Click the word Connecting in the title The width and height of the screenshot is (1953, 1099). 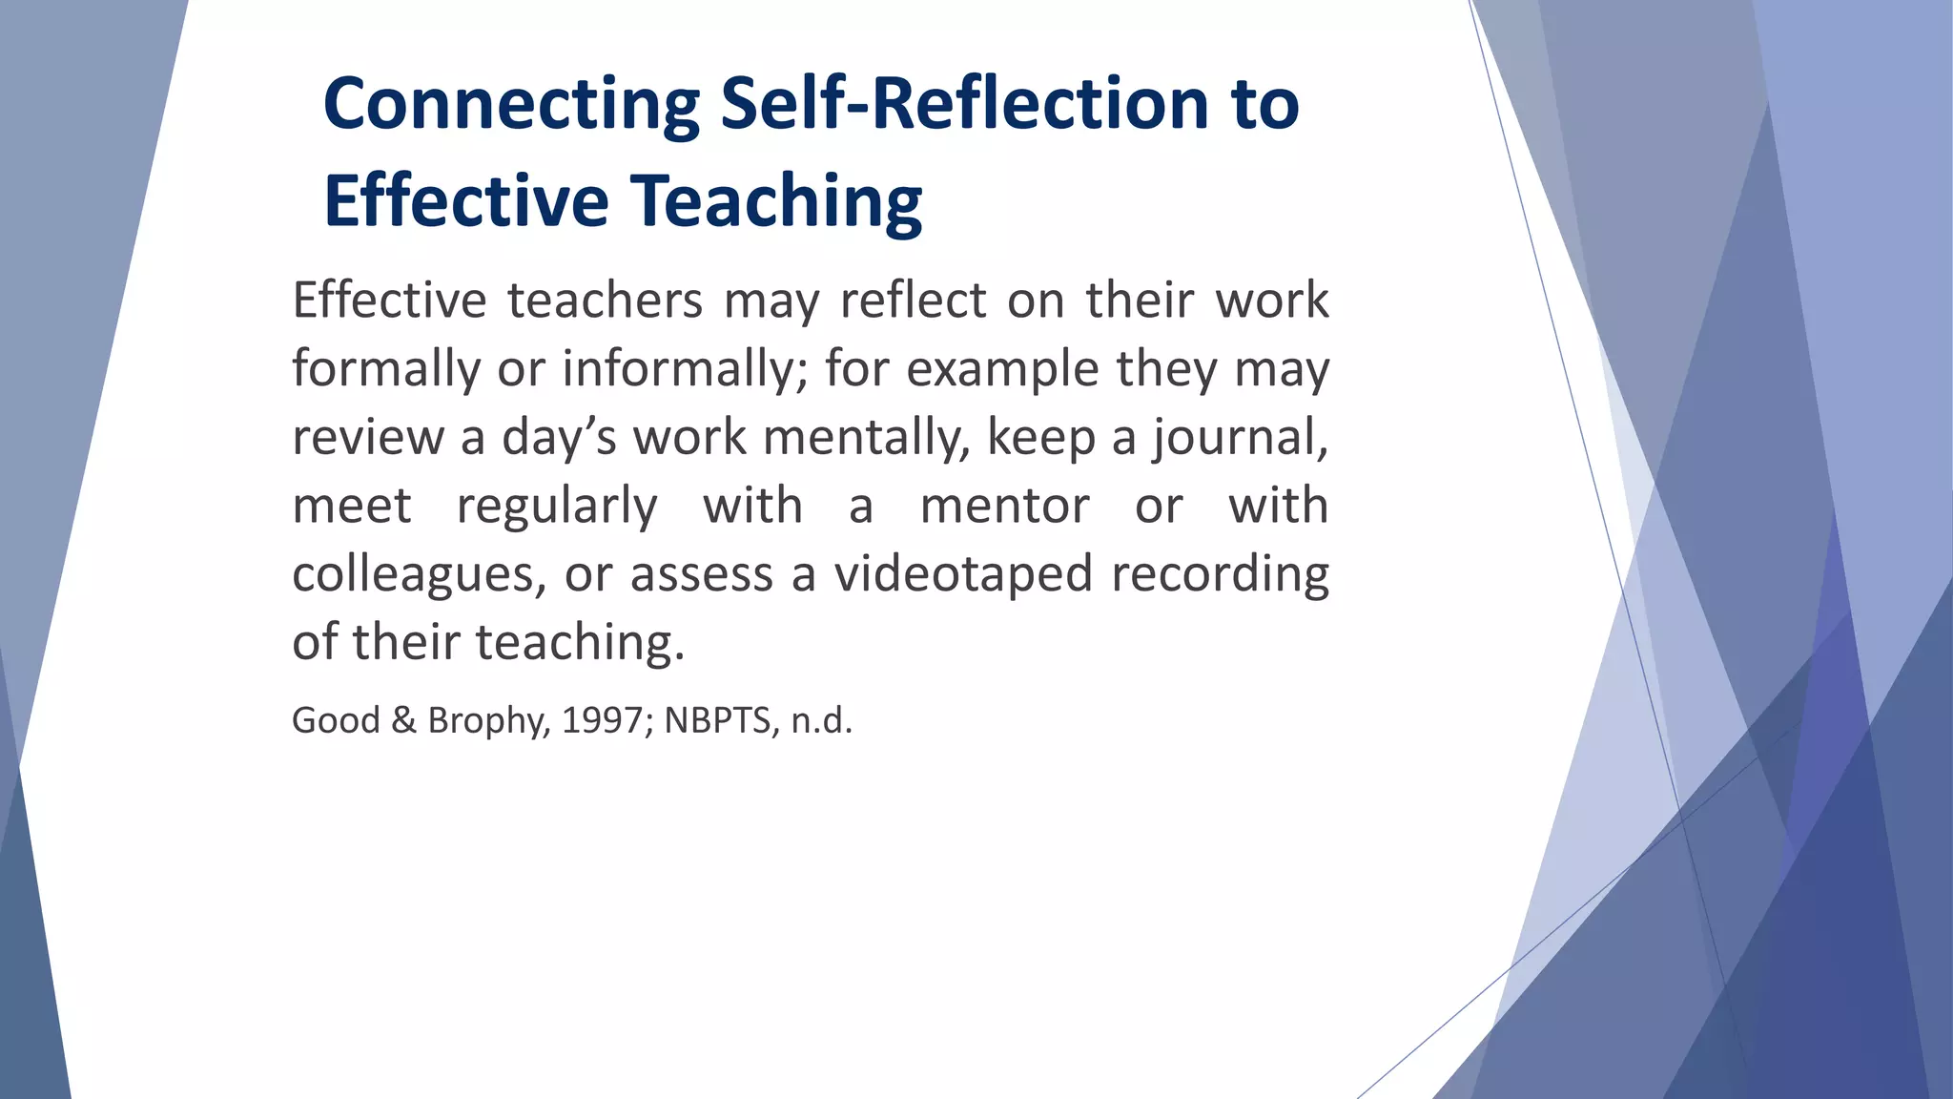(512, 105)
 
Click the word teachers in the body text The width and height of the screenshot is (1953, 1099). (605, 301)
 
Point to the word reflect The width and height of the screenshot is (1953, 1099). (913, 301)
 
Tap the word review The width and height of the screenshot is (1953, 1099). (367, 438)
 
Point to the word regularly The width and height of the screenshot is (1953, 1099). (557, 506)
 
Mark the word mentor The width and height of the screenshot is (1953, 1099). (1004, 506)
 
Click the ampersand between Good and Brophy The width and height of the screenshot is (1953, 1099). (403, 721)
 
